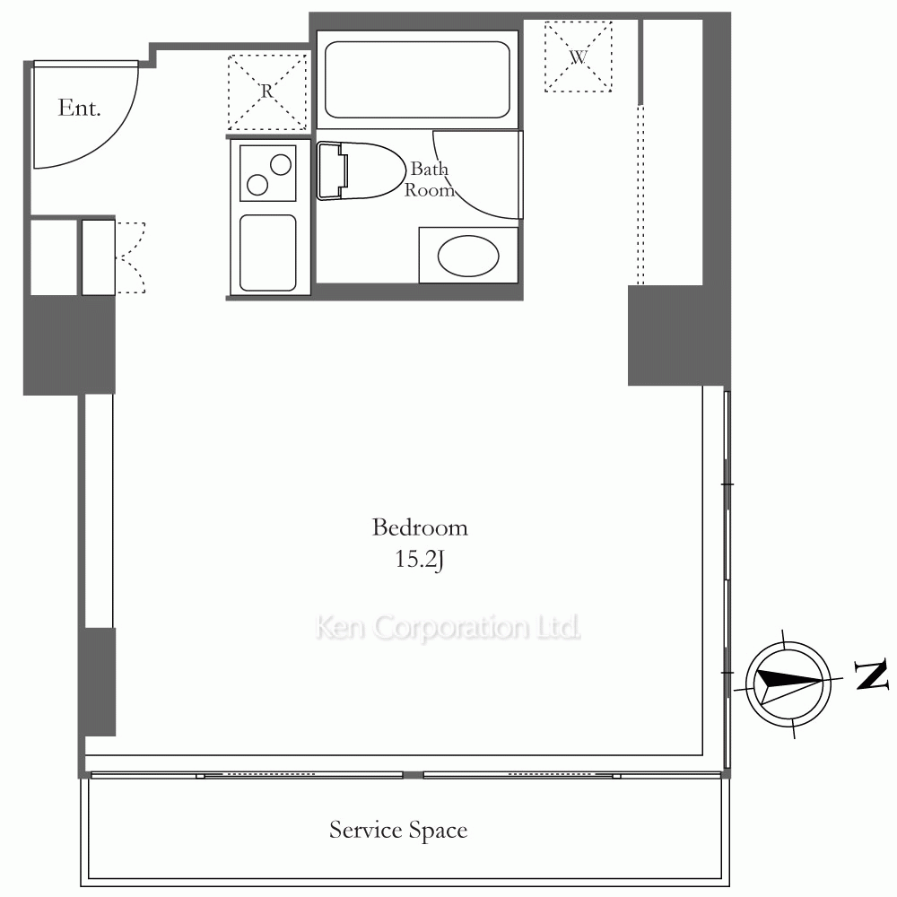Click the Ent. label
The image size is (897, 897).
pos(79,108)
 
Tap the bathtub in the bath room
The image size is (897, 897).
pos(417,80)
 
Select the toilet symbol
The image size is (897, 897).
pos(360,171)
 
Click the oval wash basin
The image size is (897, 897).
pos(468,256)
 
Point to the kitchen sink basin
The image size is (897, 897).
pos(267,252)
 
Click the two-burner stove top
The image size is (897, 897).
pos(267,173)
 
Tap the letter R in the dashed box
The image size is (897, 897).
pos(267,91)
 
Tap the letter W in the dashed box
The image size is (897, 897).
pos(579,57)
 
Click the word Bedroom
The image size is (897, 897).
pos(419,527)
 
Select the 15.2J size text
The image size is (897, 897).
pos(419,559)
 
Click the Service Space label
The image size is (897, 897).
pos(398,830)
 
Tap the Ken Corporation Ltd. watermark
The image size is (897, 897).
pos(448,627)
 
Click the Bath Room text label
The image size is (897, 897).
pos(430,179)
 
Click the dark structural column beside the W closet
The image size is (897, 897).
pos(666,335)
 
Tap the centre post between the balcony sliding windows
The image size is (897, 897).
pos(413,775)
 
